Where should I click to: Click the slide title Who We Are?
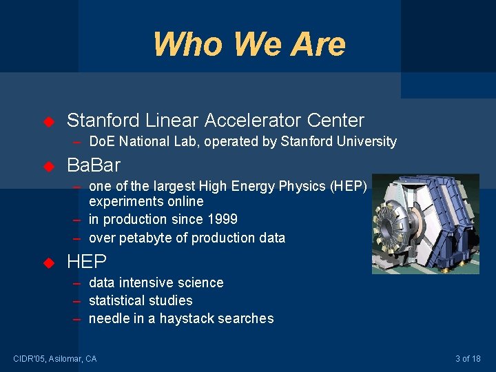pyautogui.click(x=249, y=44)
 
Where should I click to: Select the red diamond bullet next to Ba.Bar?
pyautogui.click(x=48, y=166)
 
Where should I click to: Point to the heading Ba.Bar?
pyautogui.click(x=93, y=165)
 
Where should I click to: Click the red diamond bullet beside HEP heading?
pyautogui.click(x=48, y=262)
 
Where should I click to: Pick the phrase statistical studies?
pyautogui.click(x=141, y=300)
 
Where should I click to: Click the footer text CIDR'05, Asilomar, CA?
pyautogui.click(x=55, y=358)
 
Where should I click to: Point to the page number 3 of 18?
pyautogui.click(x=468, y=358)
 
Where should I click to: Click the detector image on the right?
pyautogui.click(x=425, y=224)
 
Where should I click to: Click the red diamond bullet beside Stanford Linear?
pyautogui.click(x=48, y=122)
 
